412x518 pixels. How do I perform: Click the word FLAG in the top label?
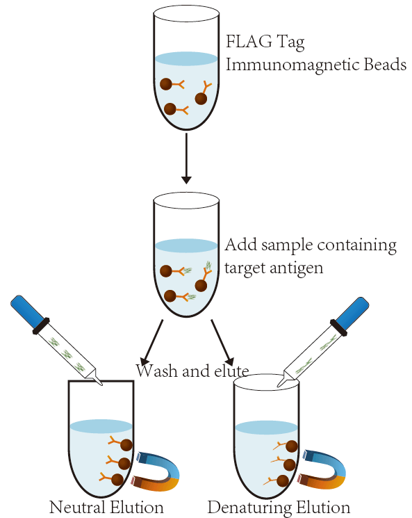(249, 41)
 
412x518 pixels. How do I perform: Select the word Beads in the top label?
(385, 64)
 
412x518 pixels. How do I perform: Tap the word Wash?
(157, 371)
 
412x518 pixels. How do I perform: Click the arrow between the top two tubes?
(186, 159)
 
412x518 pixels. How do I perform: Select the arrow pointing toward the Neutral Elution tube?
(151, 342)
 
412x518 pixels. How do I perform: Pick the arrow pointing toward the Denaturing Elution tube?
(222, 342)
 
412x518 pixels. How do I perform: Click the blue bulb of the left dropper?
(27, 311)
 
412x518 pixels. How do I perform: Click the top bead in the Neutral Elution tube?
(126, 445)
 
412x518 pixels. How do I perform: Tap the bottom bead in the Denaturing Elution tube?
(283, 480)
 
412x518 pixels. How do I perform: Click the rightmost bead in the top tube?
(201, 99)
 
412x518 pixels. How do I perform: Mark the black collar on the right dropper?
(338, 327)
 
